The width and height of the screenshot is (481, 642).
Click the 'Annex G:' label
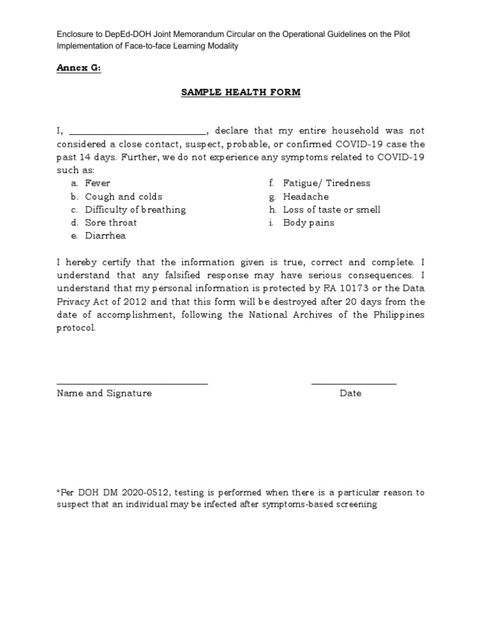click(78, 69)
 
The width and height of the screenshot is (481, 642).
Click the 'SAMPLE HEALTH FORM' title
click(240, 92)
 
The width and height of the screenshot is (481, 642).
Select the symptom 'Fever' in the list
click(98, 183)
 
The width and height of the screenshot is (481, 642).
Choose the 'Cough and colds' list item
click(123, 196)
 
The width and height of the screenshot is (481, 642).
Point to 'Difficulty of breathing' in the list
click(135, 209)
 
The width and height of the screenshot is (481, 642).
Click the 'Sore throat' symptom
click(111, 223)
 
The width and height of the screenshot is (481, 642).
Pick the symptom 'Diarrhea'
click(105, 236)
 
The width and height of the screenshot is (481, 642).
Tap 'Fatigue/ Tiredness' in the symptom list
click(326, 183)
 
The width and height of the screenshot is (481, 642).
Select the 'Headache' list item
click(306, 196)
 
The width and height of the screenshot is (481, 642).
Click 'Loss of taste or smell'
click(331, 209)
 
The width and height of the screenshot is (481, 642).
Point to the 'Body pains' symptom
click(308, 223)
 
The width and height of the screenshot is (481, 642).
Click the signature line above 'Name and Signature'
click(132, 383)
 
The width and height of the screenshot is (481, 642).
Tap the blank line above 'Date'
click(353, 383)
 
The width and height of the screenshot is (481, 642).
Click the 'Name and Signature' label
click(104, 393)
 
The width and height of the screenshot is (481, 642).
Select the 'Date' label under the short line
click(351, 393)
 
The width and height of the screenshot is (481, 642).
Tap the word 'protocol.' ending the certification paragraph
click(76, 328)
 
